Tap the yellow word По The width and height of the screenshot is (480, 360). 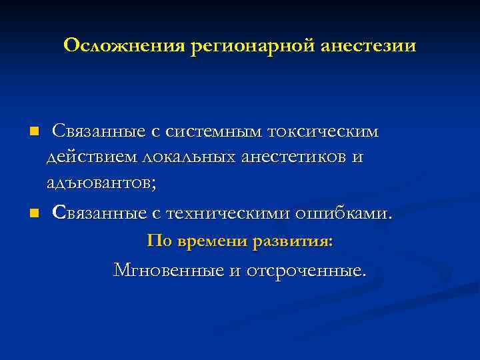point(159,241)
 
